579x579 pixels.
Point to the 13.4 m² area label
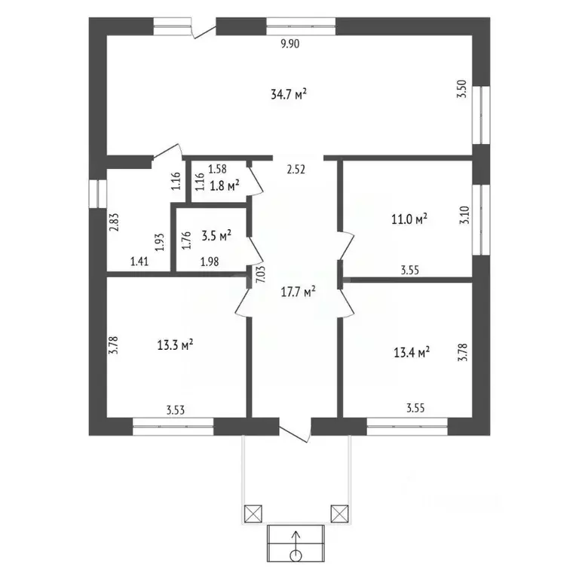(412, 351)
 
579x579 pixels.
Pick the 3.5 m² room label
(216, 235)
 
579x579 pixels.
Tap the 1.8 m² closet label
(225, 183)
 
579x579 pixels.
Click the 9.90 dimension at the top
(290, 44)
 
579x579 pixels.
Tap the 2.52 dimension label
(296, 170)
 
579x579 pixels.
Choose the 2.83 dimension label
(114, 224)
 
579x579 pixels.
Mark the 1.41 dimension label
(139, 262)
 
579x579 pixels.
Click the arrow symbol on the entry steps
(296, 544)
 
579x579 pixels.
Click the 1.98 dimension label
(209, 262)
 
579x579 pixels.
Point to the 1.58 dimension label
(217, 169)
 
